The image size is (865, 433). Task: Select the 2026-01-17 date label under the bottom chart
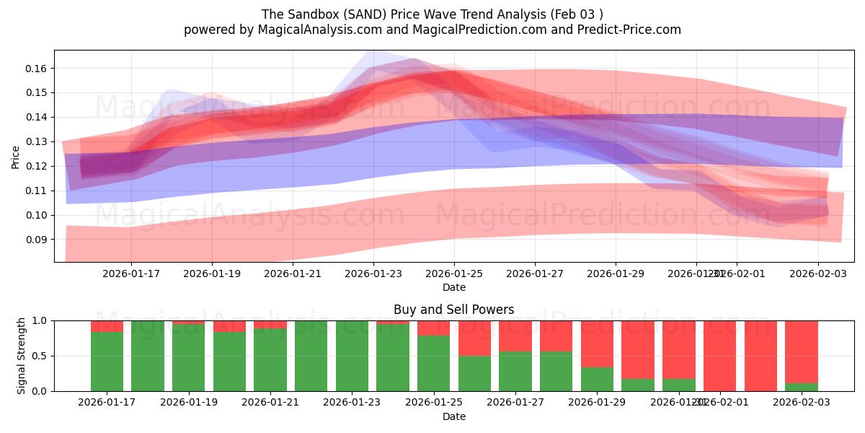(107, 403)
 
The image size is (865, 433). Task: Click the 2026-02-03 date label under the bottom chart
(801, 403)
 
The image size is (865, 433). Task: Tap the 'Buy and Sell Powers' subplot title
(453, 310)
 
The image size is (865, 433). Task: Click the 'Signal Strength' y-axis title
(22, 356)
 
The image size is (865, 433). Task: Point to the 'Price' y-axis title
(16, 157)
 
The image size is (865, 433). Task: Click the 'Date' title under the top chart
(453, 287)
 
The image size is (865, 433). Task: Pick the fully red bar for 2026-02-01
(760, 356)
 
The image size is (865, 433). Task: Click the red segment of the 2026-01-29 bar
(597, 344)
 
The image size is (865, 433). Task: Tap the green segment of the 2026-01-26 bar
(474, 373)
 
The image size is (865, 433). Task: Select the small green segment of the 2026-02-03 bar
(801, 387)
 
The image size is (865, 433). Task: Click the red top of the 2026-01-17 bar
(107, 326)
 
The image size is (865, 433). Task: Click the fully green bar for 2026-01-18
(148, 356)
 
